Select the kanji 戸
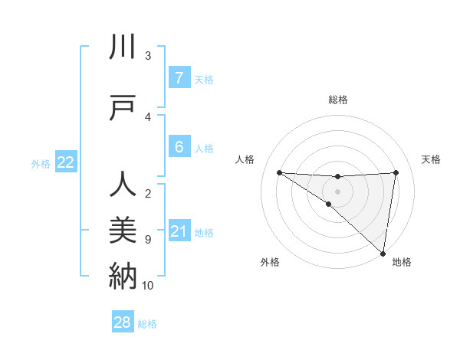123,108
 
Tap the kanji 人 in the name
123,185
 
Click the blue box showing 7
179,77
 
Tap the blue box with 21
179,231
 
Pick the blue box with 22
66,162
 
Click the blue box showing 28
123,323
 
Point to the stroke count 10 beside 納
148,286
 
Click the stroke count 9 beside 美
148,240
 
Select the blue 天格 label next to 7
204,79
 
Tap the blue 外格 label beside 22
41,163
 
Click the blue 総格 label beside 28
147,324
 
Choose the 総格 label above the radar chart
337,100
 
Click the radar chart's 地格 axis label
402,262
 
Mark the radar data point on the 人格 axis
279,172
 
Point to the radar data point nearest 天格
396,172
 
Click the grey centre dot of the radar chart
337,190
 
